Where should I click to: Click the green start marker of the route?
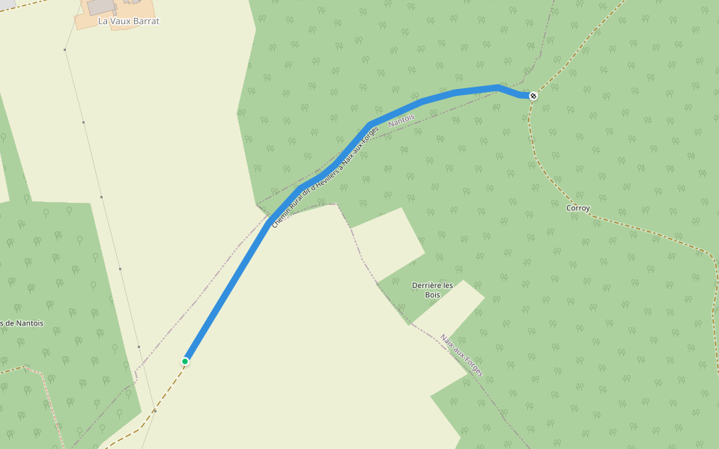pos(185,361)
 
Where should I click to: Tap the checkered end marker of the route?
pos(533,96)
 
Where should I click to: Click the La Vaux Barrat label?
pos(129,21)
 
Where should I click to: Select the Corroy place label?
pos(578,208)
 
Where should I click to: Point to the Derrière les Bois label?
pos(433,290)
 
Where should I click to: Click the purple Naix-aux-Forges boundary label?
pos(462,355)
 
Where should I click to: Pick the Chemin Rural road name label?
pos(325,177)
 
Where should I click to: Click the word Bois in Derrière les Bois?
pos(433,295)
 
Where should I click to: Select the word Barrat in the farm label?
pos(144,21)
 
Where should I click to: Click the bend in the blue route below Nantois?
pos(370,123)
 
